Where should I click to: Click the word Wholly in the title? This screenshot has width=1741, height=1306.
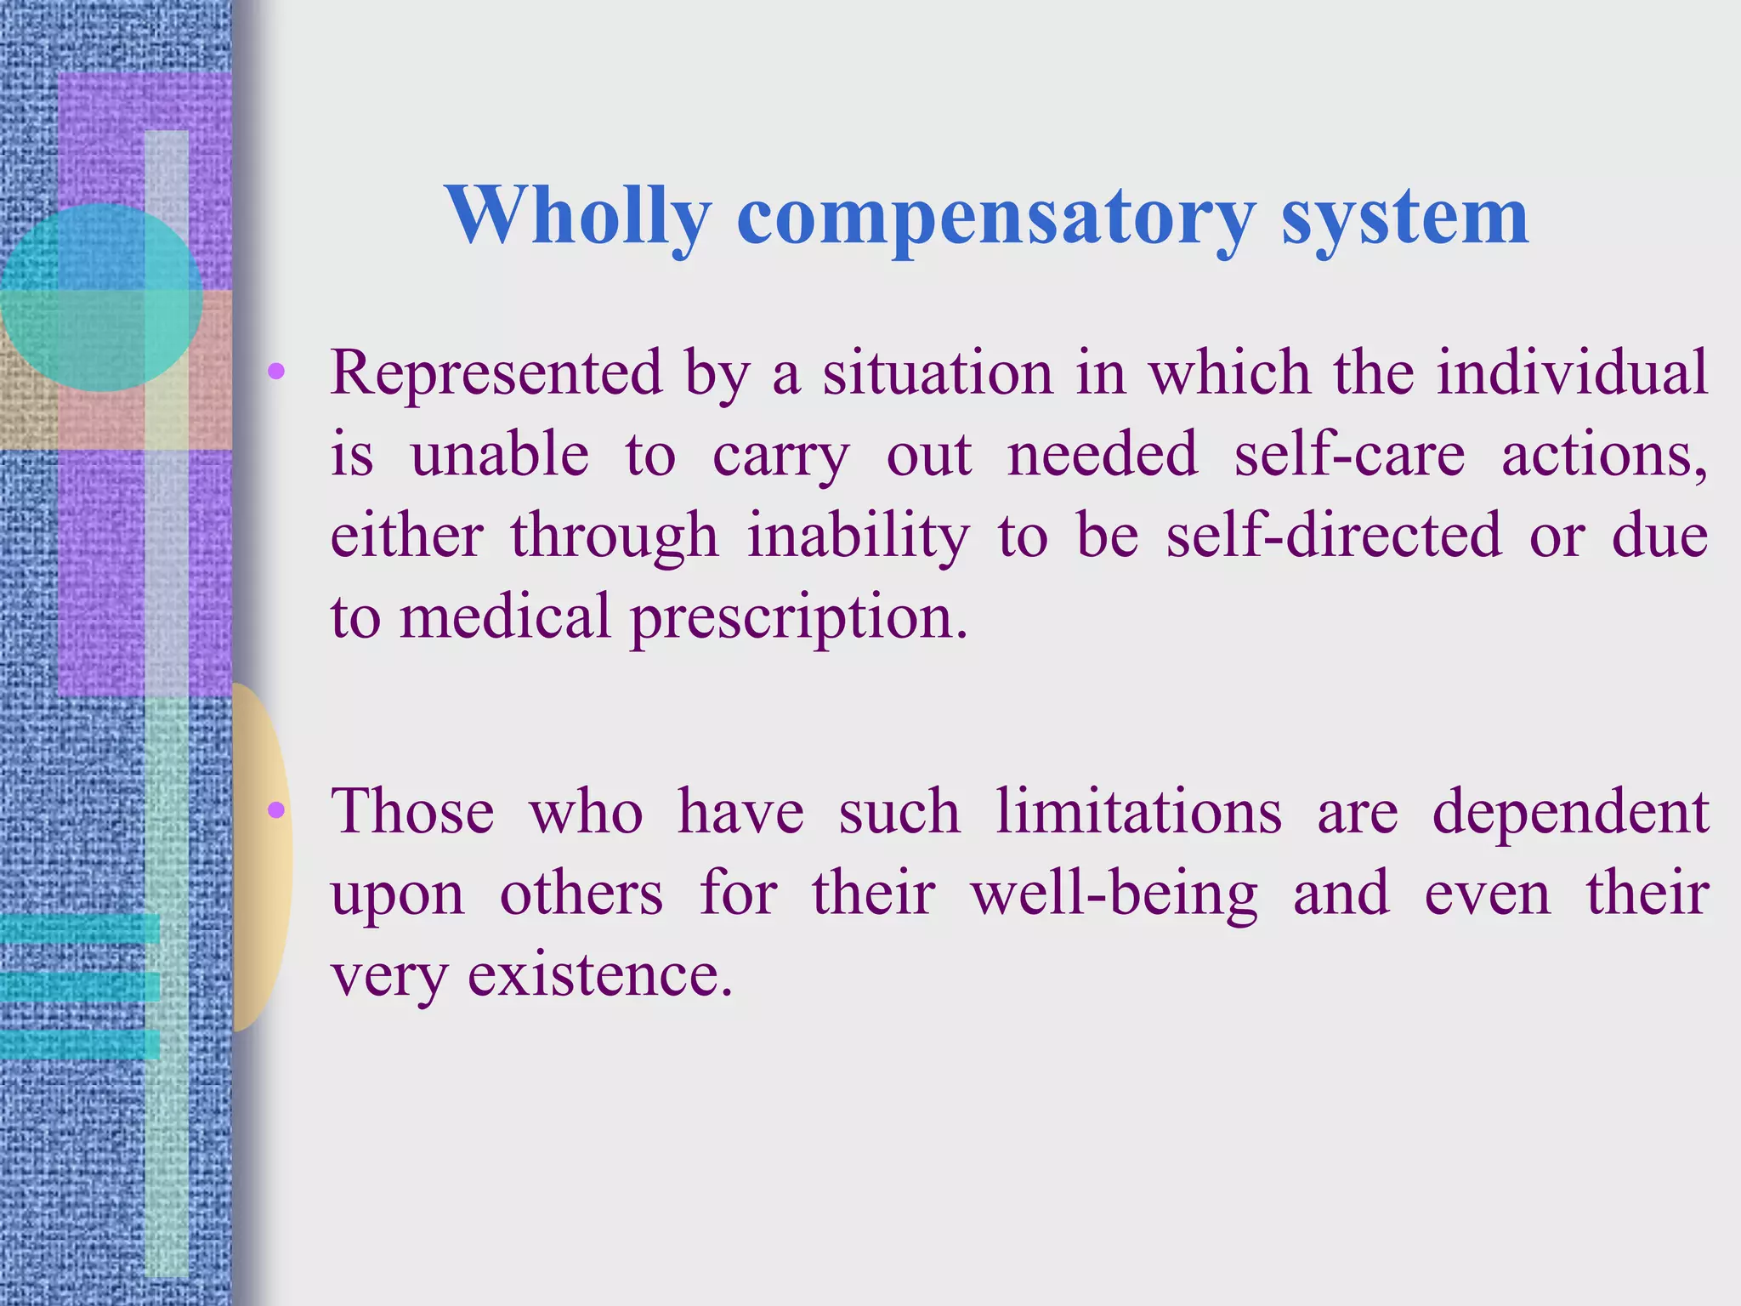tap(577, 216)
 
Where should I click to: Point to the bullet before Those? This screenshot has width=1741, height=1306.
tap(275, 810)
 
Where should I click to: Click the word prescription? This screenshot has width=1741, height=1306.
tap(798, 617)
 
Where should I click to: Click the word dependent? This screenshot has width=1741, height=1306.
tap(1570, 812)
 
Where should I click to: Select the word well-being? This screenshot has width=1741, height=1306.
tap(1114, 894)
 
